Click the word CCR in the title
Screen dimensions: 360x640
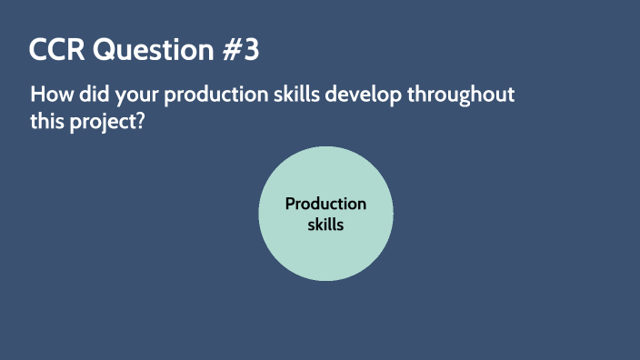click(x=55, y=51)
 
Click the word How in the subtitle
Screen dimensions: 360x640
click(x=48, y=95)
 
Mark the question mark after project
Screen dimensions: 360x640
click(x=142, y=122)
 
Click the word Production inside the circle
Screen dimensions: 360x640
click(x=325, y=204)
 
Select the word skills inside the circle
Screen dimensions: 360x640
click(x=325, y=224)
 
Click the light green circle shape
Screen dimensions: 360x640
click(x=325, y=255)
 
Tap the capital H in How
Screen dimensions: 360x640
click(x=37, y=95)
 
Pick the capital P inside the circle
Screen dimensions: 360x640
click(x=290, y=204)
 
